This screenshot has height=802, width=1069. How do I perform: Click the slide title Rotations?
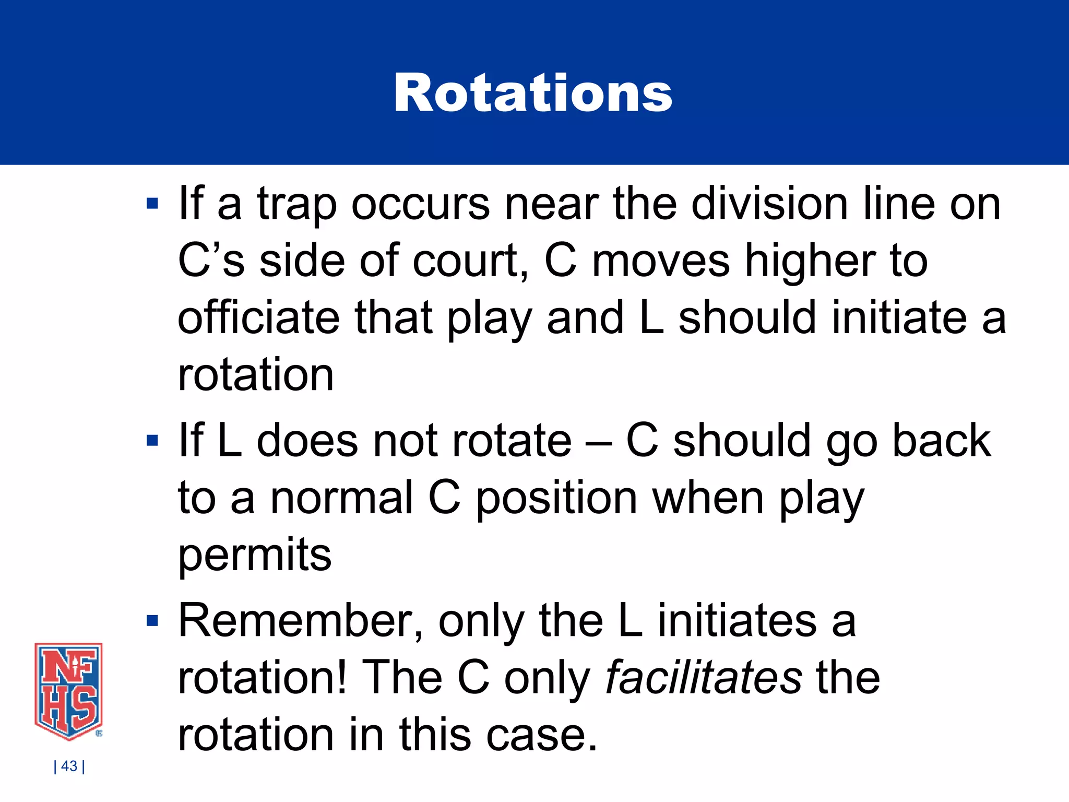533,93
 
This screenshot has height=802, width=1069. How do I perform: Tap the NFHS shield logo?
68,691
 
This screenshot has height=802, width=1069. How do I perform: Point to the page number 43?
69,766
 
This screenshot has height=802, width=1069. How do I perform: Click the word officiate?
258,318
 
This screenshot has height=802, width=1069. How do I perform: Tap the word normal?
342,498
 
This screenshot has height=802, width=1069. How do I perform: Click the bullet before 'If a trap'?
152,203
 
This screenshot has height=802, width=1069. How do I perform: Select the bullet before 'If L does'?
152,441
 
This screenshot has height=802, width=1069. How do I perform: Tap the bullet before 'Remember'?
152,621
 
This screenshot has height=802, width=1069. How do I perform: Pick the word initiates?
737,621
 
